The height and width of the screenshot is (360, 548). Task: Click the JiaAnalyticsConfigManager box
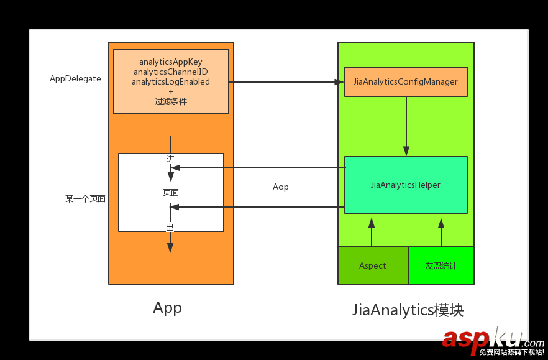click(406, 81)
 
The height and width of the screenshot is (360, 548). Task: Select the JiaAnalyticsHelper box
click(406, 185)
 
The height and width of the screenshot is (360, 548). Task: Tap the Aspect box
click(373, 265)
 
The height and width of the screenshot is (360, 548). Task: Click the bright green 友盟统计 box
click(441, 265)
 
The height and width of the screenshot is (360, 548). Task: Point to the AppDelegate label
click(75, 79)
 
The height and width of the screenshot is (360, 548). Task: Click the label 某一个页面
click(85, 199)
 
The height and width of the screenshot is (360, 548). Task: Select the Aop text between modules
click(281, 187)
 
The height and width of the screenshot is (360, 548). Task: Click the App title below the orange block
click(167, 308)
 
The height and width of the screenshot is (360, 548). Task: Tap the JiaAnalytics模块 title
click(408, 310)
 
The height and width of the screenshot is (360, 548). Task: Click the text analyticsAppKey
click(171, 62)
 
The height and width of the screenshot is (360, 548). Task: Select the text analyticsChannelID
click(171, 72)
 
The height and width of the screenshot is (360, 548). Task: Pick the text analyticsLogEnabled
click(171, 81)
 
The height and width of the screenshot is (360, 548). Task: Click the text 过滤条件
click(171, 101)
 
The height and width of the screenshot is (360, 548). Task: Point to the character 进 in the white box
click(170, 159)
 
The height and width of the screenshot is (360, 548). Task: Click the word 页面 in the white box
click(171, 193)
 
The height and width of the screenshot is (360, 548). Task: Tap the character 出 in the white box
click(170, 228)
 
